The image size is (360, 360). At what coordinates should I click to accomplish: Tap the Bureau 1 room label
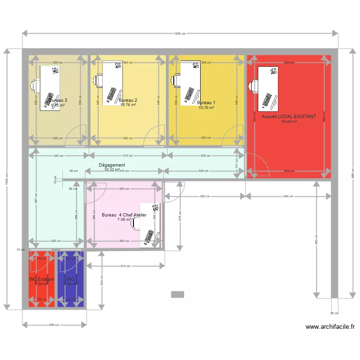pos(206,103)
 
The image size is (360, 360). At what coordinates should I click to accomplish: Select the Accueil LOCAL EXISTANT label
pos(289,117)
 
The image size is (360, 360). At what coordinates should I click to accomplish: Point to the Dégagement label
pos(112,165)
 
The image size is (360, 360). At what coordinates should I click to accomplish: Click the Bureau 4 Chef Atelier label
pos(124,215)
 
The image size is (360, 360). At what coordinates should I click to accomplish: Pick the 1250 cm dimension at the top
pos(180,34)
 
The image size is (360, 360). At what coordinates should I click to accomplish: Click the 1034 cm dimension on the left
pos(7,179)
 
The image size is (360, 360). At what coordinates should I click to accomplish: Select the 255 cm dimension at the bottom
pos(54,325)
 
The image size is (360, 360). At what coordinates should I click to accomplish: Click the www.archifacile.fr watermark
pos(330,327)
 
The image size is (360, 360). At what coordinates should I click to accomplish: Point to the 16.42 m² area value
pos(289,122)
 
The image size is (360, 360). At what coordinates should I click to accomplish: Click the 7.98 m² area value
pos(124,220)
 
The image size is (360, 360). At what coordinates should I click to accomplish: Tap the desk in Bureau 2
pos(112,82)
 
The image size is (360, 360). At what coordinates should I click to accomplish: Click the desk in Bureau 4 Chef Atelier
pos(150,226)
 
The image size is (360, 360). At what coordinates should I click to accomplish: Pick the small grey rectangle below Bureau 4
pos(178,294)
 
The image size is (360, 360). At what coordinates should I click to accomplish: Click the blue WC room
pos(71,279)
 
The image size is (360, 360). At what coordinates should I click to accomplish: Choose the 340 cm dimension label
pos(289,196)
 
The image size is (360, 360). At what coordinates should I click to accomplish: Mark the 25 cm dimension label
pos(335,313)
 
